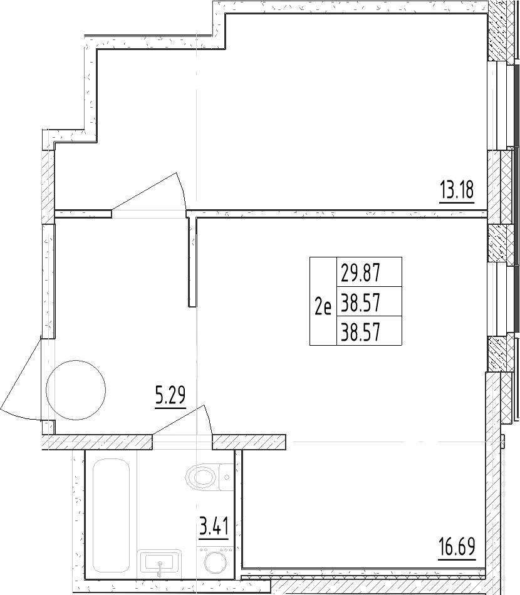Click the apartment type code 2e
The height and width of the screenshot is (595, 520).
323,308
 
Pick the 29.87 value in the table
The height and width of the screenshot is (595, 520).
361,273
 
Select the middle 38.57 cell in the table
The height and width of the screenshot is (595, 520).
361,304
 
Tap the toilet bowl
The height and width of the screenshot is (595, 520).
203,479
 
